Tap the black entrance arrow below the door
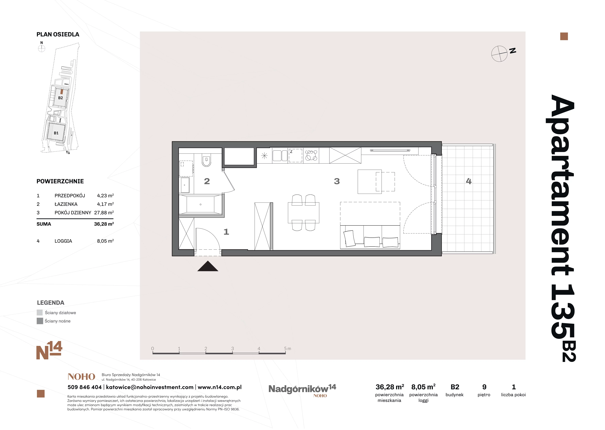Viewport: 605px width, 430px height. (x=208, y=266)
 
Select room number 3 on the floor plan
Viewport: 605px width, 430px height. (x=337, y=181)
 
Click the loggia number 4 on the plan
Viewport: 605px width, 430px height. (x=469, y=181)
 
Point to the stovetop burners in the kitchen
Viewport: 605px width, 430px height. (x=311, y=155)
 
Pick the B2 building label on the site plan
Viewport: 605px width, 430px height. (x=61, y=98)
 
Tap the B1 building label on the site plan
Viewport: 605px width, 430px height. (x=56, y=133)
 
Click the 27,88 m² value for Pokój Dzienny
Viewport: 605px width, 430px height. (x=104, y=213)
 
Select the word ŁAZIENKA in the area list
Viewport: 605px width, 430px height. (x=66, y=204)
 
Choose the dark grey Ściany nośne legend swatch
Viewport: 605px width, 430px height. (x=40, y=321)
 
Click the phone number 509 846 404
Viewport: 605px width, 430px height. (x=85, y=387)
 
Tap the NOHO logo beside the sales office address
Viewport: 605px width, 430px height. (x=81, y=377)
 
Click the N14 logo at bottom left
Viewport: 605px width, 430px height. (x=49, y=350)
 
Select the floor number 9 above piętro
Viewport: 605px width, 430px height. (x=484, y=387)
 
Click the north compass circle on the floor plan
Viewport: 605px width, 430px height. (x=499, y=54)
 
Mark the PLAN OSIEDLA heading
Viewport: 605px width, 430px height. (x=58, y=34)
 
